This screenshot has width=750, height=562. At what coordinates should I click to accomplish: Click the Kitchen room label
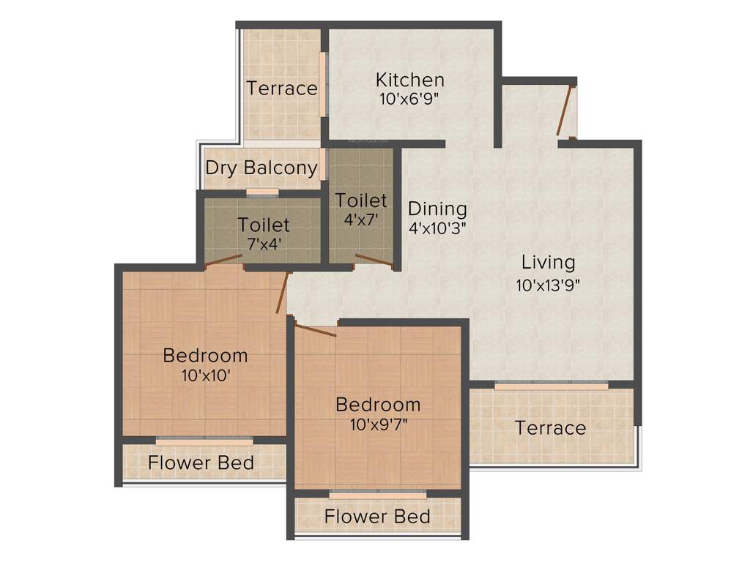pyautogui.click(x=409, y=80)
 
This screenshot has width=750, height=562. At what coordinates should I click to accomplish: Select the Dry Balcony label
pyautogui.click(x=261, y=168)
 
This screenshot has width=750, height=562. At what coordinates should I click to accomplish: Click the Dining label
pyautogui.click(x=437, y=208)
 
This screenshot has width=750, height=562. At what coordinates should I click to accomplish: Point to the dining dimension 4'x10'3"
pyautogui.click(x=437, y=227)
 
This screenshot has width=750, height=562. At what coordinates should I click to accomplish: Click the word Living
pyautogui.click(x=548, y=262)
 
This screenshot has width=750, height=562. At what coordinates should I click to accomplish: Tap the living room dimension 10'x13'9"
pyautogui.click(x=548, y=285)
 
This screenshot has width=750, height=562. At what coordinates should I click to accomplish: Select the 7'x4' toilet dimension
pyautogui.click(x=263, y=243)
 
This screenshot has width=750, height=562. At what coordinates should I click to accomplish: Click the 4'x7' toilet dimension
pyautogui.click(x=360, y=218)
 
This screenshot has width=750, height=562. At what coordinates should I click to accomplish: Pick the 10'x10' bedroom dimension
pyautogui.click(x=205, y=375)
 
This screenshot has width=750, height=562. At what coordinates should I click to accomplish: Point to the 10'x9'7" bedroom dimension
pyautogui.click(x=378, y=424)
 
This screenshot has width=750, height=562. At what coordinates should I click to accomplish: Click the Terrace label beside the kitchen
pyautogui.click(x=282, y=89)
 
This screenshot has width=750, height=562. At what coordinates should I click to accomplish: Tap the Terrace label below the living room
pyautogui.click(x=550, y=428)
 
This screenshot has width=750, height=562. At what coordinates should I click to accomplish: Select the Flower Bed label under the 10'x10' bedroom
pyautogui.click(x=201, y=463)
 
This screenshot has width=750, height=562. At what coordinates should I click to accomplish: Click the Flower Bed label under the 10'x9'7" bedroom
pyautogui.click(x=377, y=517)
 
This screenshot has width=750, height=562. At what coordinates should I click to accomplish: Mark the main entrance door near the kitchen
pyautogui.click(x=564, y=111)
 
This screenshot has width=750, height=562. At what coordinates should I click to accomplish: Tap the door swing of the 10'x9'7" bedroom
pyautogui.click(x=316, y=329)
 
